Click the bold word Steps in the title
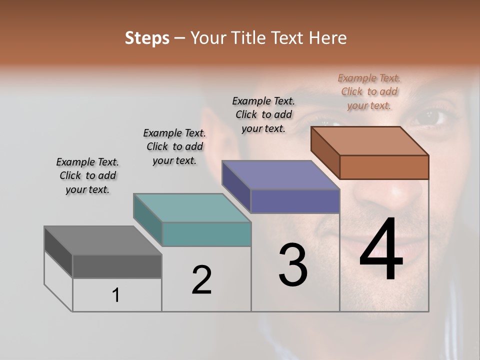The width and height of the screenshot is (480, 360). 147,38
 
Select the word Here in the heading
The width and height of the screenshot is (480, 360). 328,38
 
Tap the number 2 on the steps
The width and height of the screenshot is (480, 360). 201,280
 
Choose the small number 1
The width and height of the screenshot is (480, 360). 116,295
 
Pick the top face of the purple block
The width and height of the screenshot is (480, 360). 280,175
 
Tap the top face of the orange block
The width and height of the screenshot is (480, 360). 369,140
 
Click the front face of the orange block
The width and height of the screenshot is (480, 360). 384,167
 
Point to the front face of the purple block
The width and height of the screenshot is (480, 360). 295,201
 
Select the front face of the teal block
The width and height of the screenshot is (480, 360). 206,234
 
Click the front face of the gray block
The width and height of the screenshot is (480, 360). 117,266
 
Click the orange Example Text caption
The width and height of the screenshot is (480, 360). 369,92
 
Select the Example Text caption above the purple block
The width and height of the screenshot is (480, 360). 263,114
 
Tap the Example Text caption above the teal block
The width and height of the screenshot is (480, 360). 174,146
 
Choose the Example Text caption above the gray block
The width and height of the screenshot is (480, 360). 87,175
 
